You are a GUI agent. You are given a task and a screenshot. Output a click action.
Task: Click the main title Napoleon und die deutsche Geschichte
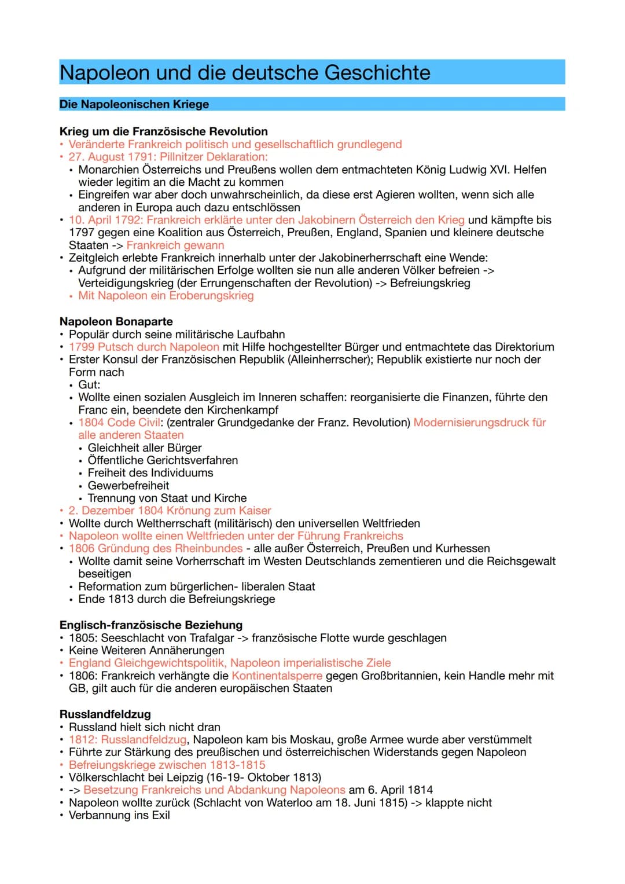point(245,73)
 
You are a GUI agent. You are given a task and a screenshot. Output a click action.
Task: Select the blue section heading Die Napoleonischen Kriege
point(134,104)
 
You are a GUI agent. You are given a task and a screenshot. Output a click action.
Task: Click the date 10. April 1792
point(105,220)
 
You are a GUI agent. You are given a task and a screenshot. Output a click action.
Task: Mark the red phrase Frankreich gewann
point(175,245)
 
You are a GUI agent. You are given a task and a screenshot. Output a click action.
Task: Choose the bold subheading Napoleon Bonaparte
point(116,321)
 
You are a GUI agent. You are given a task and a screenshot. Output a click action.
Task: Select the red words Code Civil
point(135,423)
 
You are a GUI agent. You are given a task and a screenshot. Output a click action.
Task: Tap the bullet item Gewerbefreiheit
point(128,486)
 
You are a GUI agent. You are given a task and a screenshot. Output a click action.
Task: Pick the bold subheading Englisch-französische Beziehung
point(151,625)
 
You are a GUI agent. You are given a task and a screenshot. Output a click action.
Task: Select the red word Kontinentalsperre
point(277,676)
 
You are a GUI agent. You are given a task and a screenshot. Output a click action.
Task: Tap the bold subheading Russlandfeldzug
point(105,714)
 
